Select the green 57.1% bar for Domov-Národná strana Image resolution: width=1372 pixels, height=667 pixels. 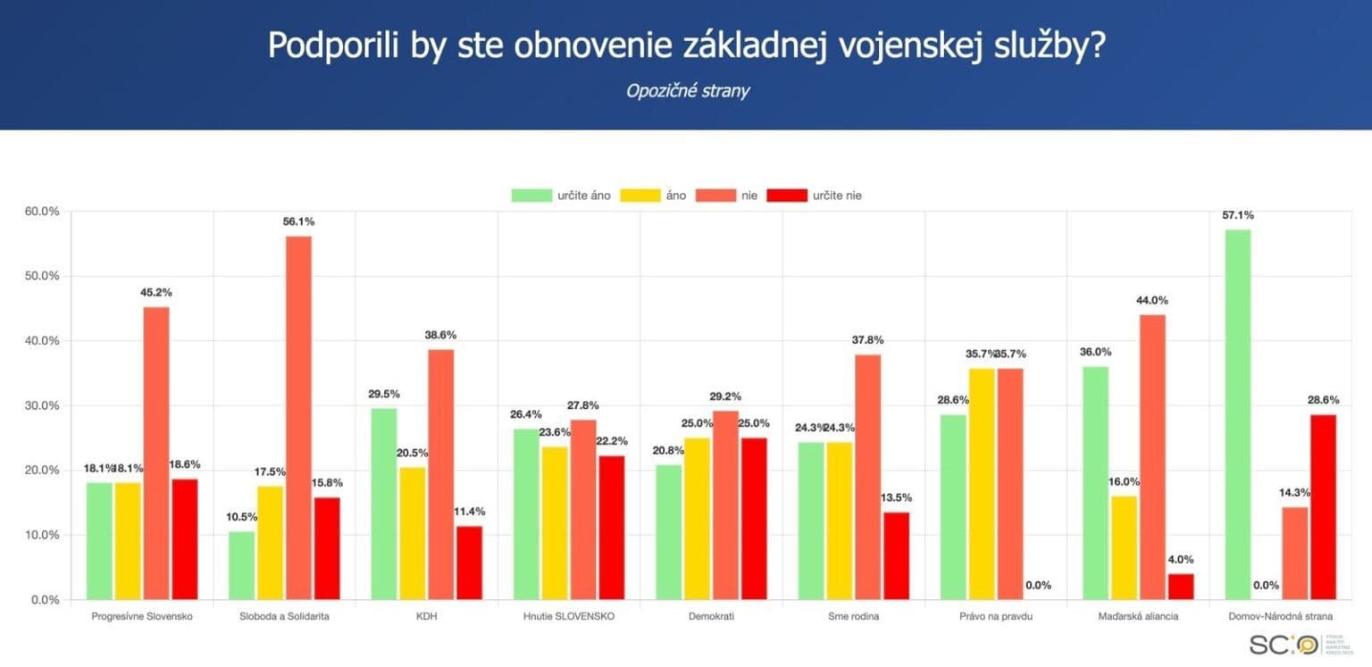coord(1238,414)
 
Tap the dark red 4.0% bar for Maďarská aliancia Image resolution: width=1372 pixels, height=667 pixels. coord(1181,587)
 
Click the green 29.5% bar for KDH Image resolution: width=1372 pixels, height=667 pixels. coord(384,504)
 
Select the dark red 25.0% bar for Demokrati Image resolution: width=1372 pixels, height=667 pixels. coord(755,518)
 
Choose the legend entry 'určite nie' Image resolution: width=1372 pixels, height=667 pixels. coord(835,195)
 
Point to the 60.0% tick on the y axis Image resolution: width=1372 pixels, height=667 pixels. coord(40,212)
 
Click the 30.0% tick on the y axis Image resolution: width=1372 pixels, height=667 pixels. coord(40,405)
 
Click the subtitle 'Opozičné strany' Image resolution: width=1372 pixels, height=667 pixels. coord(686,91)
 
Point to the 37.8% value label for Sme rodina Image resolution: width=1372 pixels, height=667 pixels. coord(866,340)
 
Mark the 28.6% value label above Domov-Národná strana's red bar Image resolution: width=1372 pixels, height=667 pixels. coord(1325,400)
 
